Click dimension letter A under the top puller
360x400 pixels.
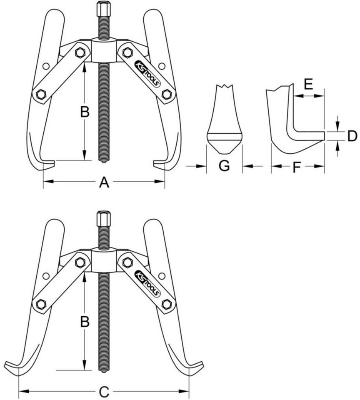tap(104, 182)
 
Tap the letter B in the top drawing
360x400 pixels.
tap(85, 112)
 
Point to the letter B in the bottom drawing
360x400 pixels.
tap(85, 322)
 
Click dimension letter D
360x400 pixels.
tap(352, 136)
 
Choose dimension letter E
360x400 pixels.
tap(309, 85)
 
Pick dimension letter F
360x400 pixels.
tap(296, 167)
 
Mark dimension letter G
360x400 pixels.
tap(224, 166)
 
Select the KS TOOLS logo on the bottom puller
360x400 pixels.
tap(148, 283)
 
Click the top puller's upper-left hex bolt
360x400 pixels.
tap(80, 52)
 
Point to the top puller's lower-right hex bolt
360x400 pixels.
tap(167, 95)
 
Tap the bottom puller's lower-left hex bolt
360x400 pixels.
tap(40, 304)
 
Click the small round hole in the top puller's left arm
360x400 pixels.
tap(46, 66)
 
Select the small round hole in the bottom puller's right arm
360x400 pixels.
tap(162, 276)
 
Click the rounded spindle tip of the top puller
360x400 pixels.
tap(103, 162)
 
